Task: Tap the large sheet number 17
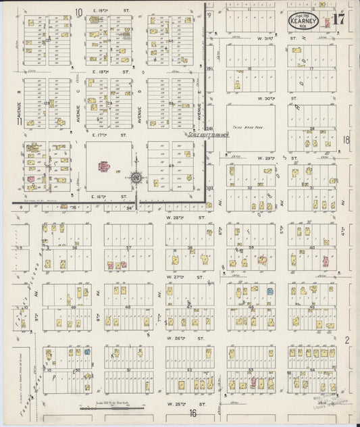point(339,18)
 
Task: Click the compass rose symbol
point(136,177)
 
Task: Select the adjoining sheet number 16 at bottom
point(193,413)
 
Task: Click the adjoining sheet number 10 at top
point(78,11)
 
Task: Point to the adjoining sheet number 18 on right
point(346,140)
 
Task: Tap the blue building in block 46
point(269,291)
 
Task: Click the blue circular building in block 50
point(87,352)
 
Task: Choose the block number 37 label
point(128,247)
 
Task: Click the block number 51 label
point(128,370)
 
